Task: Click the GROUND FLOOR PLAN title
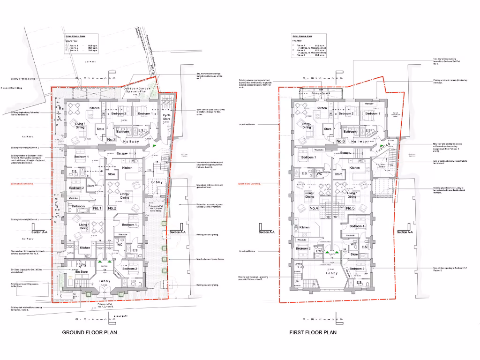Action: (90, 332)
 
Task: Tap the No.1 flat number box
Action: (97, 208)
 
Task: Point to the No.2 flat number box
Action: (112, 208)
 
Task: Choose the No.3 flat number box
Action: (112, 140)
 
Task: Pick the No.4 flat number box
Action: (326, 208)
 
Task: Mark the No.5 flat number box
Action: (350, 208)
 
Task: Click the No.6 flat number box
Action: (341, 141)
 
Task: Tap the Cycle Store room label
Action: (166, 117)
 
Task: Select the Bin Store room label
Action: (82, 272)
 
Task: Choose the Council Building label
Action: (11, 88)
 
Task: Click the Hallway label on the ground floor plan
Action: (131, 141)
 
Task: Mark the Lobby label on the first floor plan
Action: (331, 273)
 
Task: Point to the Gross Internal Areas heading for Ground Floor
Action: (75, 36)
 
